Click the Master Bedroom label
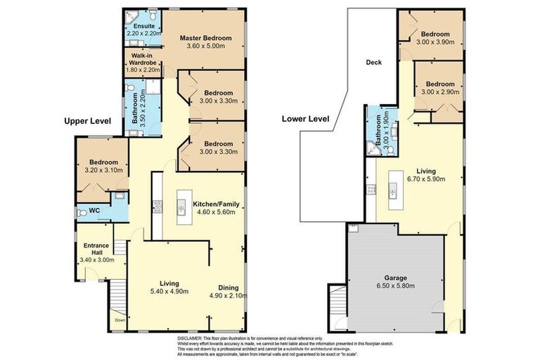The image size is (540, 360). point(205,38)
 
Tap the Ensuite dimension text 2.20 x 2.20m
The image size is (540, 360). point(144,34)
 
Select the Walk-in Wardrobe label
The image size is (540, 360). point(143,59)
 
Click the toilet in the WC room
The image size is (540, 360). point(82,213)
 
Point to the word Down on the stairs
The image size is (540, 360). point(120,320)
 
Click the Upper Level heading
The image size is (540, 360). point(87,121)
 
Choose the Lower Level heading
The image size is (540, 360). point(305,119)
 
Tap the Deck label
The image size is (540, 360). point(373,63)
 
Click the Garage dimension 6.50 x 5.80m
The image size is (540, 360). point(396,285)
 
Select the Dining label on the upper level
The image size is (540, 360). point(229,288)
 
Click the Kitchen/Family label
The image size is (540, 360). point(216,204)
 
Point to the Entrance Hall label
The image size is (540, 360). point(96,249)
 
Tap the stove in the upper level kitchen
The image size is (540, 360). point(157,207)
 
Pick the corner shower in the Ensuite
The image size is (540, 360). point(131,17)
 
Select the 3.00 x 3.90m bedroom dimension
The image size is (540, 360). point(435,42)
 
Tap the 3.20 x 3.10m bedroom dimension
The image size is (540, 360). point(103,170)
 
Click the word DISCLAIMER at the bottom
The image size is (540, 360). point(189,338)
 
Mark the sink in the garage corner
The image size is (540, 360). point(354,228)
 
